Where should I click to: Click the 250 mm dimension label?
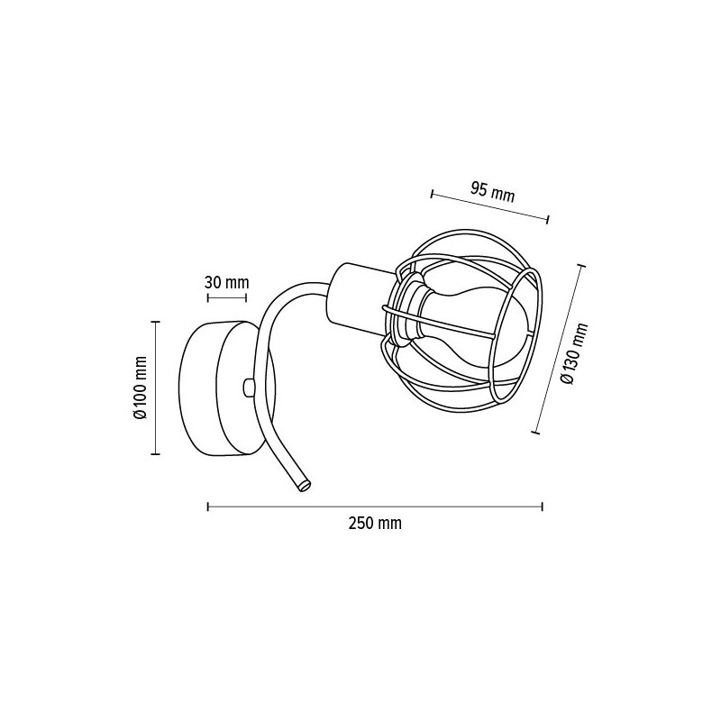375,524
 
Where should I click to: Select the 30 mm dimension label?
227,282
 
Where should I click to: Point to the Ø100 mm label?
140,388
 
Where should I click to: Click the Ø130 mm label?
574,353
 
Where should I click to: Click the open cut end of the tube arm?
304,485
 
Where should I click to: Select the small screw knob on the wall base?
249,387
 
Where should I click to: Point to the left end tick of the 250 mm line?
208,507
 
